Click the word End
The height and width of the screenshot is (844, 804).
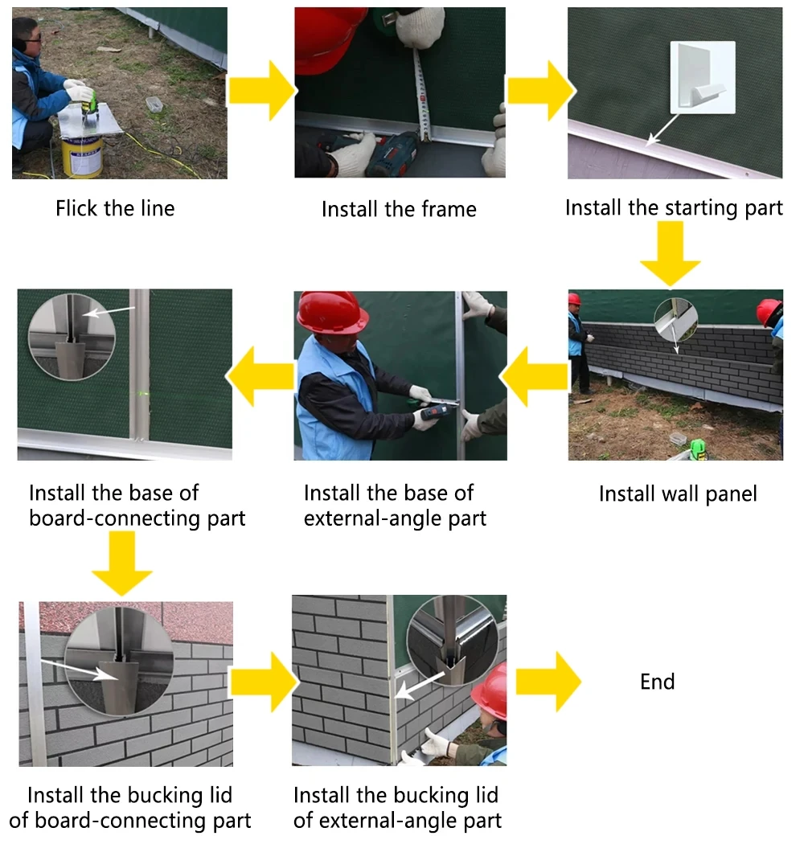click(657, 682)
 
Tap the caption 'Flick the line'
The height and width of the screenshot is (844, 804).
click(115, 208)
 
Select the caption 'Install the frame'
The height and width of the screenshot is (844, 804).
click(399, 209)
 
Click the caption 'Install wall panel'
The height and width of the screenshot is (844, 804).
click(678, 493)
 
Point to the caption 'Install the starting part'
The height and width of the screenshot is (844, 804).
click(674, 207)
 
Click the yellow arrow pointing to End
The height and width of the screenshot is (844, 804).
click(548, 682)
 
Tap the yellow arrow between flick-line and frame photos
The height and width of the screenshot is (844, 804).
click(260, 90)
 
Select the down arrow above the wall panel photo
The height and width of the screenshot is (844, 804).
click(671, 254)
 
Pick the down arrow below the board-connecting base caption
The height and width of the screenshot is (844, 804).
click(122, 563)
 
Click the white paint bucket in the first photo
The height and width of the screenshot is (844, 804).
click(83, 154)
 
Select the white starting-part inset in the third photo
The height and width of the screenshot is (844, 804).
click(702, 76)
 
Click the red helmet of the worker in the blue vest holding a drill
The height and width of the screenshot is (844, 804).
click(332, 312)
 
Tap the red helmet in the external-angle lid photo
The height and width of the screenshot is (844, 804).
click(491, 690)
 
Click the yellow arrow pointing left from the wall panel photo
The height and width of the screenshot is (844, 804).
click(534, 374)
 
